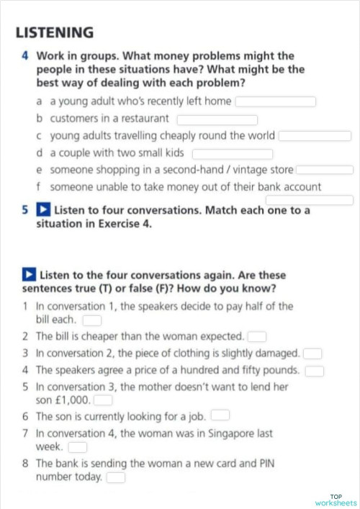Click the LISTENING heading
coord(55,32)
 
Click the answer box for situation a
coord(276,102)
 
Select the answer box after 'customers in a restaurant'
coord(217,119)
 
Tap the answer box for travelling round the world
coord(315,136)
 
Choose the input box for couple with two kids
coord(233,153)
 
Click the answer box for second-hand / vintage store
coord(324,170)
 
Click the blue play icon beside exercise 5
coord(43,211)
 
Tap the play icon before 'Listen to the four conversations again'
coord(29,275)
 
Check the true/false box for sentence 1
coord(92,320)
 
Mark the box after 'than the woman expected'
coord(258,336)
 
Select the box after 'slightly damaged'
coord(312,353)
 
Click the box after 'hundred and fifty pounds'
coord(315,371)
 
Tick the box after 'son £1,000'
coord(103,400)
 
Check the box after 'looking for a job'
coord(220,415)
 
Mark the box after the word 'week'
coord(77,447)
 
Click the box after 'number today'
coord(116,477)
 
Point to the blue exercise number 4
coord(25,55)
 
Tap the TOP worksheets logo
coord(336,500)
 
